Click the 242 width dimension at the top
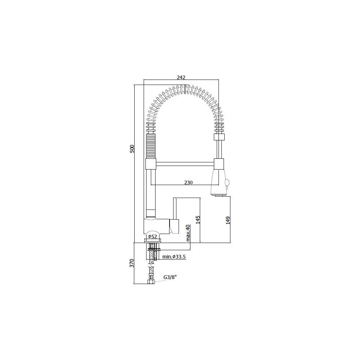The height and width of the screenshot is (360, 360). pos(181,77)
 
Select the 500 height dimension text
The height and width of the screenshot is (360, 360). pos(132,149)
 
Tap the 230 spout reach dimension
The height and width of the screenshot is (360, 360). pos(188,183)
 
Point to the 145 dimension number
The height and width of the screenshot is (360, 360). pos(197,220)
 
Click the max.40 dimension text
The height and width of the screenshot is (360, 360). pos(188,233)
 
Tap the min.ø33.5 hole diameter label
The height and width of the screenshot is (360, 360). pos(174,257)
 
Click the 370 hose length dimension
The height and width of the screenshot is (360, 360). pos(132,263)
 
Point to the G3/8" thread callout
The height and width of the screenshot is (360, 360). pos(170,277)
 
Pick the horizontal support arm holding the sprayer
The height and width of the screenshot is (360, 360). pos(185,164)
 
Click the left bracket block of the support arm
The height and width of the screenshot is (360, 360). pos(151,164)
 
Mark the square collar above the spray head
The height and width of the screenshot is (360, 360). pos(219,137)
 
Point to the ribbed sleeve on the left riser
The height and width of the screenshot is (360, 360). pos(151,146)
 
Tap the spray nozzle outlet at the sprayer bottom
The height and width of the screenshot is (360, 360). pos(219,195)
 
